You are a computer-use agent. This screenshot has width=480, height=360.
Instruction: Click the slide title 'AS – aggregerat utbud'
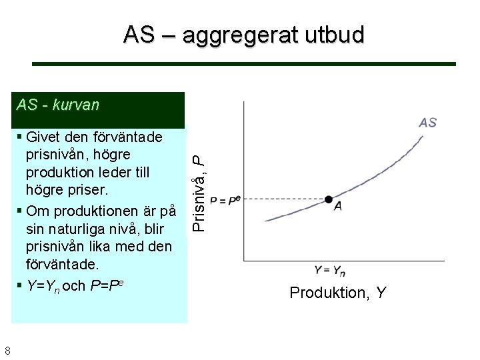tap(243, 35)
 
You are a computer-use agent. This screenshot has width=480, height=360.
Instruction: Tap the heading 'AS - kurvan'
tap(58, 105)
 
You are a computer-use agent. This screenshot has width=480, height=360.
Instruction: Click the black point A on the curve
tap(328, 199)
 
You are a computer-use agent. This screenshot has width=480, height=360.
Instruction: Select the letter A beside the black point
tap(339, 207)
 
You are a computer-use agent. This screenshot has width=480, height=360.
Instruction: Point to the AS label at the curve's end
tap(427, 122)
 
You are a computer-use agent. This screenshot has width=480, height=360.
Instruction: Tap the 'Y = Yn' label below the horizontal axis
tap(330, 270)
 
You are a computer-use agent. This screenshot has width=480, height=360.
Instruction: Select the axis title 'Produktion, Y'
tap(337, 293)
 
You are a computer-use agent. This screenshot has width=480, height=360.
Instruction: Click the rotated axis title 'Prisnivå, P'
tap(197, 192)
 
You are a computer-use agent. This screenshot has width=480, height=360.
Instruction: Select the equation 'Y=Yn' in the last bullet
tap(43, 286)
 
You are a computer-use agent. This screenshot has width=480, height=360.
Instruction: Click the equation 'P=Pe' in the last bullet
tap(105, 286)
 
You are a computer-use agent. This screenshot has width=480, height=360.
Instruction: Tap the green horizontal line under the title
tap(244, 64)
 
